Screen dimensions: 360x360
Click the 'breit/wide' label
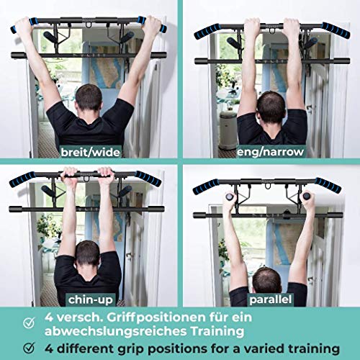point(90,152)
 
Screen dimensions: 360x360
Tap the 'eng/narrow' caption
point(271,152)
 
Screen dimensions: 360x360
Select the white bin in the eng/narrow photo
point(228,130)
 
